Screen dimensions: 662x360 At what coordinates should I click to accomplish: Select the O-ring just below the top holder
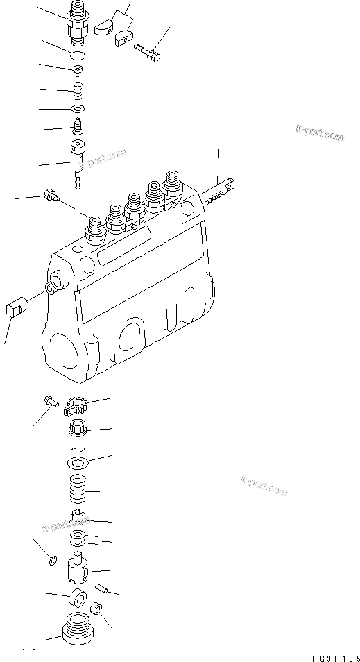(80, 55)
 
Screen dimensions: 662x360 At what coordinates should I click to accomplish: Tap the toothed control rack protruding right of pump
(220, 192)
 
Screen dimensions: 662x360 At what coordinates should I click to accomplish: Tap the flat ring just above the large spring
(79, 464)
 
